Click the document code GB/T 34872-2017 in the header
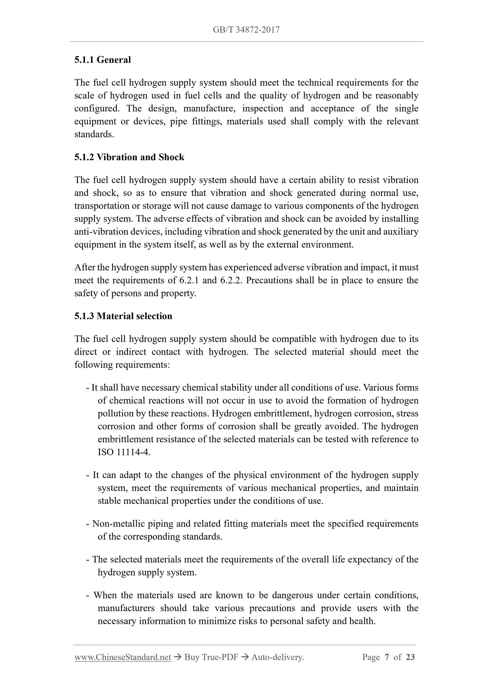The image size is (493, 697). pos(246,30)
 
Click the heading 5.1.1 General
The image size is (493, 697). pos(103,60)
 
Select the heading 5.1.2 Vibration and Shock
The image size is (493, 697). pos(129,157)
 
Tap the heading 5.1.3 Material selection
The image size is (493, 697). pos(123,316)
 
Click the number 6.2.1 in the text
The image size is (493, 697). pos(189,280)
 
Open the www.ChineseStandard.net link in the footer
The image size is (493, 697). pos(123,657)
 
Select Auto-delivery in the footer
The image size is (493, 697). pos(278,657)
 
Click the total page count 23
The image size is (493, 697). pos(410,657)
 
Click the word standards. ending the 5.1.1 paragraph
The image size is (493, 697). pos(94,134)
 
